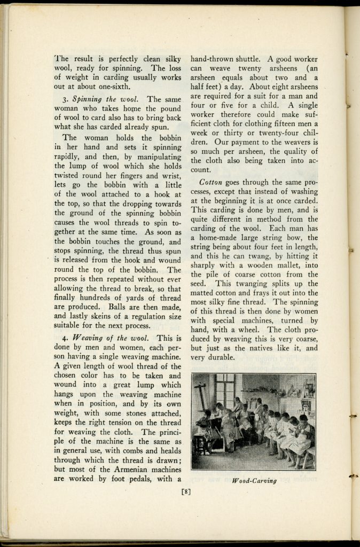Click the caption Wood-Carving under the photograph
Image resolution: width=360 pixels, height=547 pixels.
255,481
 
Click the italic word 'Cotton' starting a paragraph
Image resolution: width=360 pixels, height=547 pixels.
212,182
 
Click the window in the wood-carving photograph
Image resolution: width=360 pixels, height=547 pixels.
225,392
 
